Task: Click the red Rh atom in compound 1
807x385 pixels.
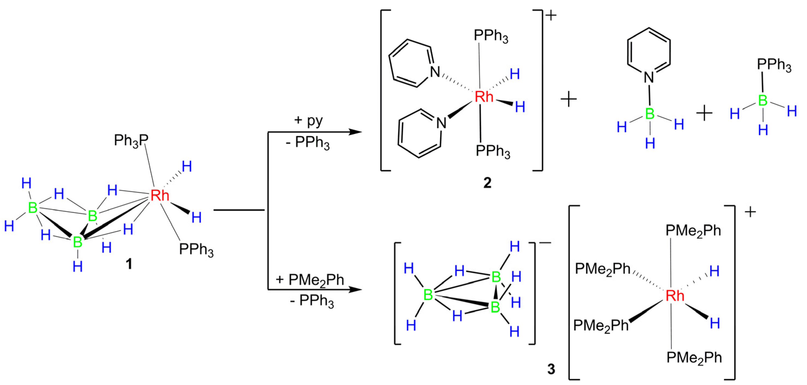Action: point(160,195)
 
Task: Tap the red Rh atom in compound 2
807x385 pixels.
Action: point(484,97)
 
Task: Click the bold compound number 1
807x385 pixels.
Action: point(129,264)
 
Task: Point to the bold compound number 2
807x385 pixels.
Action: point(487,183)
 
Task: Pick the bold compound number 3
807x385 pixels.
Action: point(551,369)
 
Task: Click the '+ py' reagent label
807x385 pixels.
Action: point(308,120)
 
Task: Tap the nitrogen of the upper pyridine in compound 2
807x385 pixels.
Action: point(435,72)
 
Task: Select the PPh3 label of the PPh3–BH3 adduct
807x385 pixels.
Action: point(774,65)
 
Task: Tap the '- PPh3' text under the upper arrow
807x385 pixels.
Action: point(308,143)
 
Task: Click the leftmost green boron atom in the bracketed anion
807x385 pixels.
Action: point(428,295)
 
